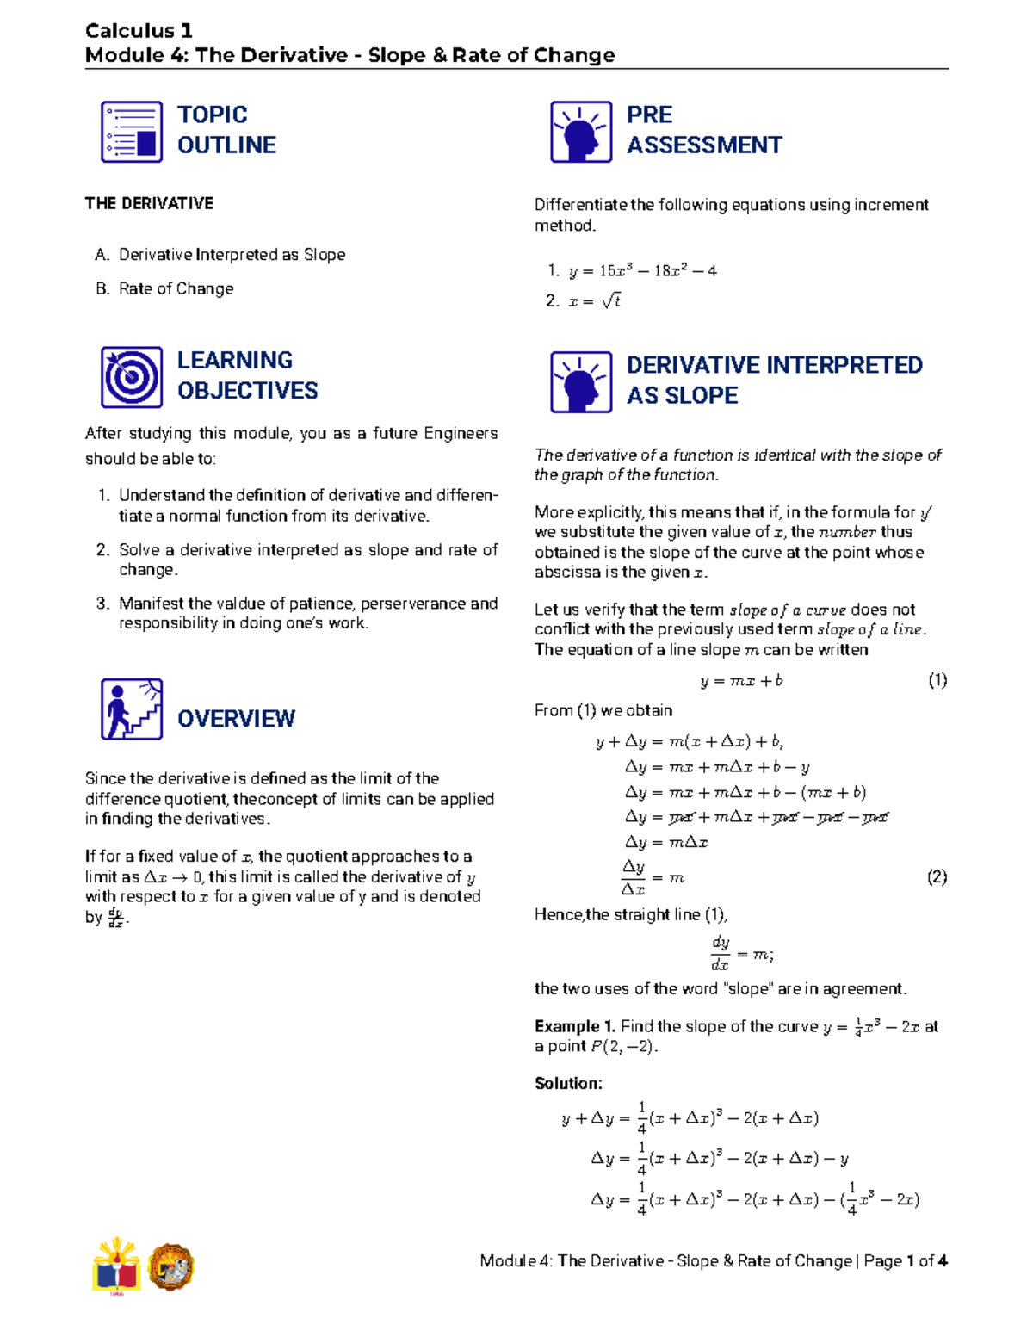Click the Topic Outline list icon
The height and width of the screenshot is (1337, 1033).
pyautogui.click(x=132, y=132)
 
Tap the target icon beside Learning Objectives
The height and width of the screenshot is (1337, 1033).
pyautogui.click(x=132, y=377)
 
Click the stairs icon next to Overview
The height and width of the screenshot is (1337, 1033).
pyautogui.click(x=132, y=709)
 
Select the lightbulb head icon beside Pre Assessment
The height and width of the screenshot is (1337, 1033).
pyautogui.click(x=581, y=132)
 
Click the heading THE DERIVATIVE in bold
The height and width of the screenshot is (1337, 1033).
pyautogui.click(x=149, y=204)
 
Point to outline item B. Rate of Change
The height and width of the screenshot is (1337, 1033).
pyautogui.click(x=165, y=288)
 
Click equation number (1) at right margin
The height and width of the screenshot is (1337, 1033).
pyautogui.click(x=937, y=680)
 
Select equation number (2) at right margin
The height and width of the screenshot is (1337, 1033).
pyautogui.click(x=937, y=877)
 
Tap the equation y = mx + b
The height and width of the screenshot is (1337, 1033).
pyautogui.click(x=741, y=681)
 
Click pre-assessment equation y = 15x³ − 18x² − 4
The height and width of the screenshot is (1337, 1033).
pyautogui.click(x=642, y=271)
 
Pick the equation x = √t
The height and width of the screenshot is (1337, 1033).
pyautogui.click(x=594, y=300)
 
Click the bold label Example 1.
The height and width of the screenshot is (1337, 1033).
pyautogui.click(x=574, y=1026)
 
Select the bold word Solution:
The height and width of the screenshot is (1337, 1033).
pyautogui.click(x=568, y=1083)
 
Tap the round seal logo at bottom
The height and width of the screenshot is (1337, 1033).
pyautogui.click(x=171, y=1267)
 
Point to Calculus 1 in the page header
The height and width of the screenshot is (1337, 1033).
pyautogui.click(x=139, y=31)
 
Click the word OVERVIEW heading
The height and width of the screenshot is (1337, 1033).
pyautogui.click(x=236, y=719)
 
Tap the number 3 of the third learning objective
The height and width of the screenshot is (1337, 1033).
pyautogui.click(x=102, y=604)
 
